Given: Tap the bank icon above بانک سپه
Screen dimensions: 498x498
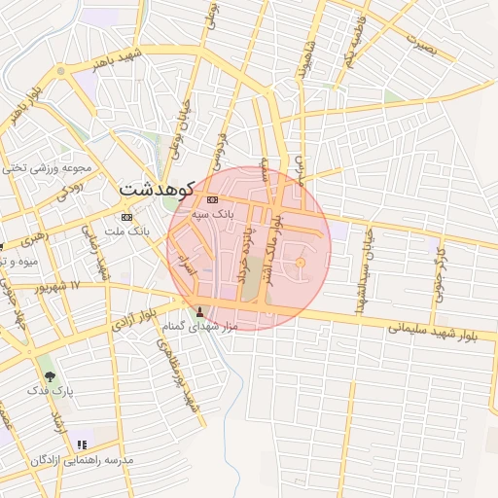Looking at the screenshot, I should (x=213, y=199).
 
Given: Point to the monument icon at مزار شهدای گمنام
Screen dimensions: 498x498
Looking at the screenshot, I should (x=201, y=312).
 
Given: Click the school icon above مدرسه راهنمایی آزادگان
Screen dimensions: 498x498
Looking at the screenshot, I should (x=81, y=444).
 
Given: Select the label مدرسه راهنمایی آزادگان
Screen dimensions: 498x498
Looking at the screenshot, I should (x=82, y=459).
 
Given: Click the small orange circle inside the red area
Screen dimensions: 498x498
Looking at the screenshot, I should (x=300, y=263).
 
